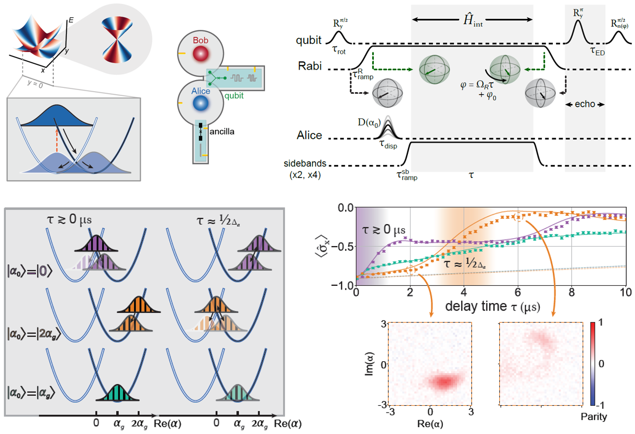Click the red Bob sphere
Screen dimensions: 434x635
click(200, 54)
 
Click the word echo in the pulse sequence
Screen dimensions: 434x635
click(585, 104)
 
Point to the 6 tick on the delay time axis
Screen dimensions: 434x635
click(518, 292)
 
